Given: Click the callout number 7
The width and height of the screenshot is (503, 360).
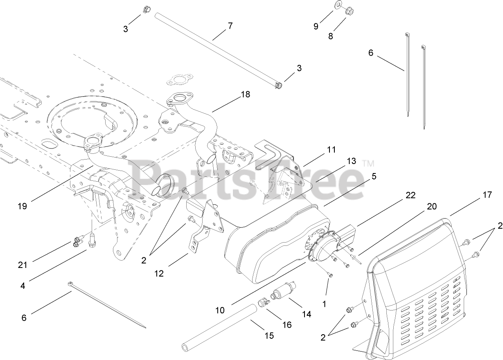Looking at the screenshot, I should pyautogui.click(x=230, y=26).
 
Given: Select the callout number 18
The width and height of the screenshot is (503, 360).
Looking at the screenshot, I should pyautogui.click(x=246, y=94).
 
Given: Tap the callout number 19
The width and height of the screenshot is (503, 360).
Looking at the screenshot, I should pyautogui.click(x=23, y=206).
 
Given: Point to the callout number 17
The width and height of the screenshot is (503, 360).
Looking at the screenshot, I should pyautogui.click(x=487, y=195).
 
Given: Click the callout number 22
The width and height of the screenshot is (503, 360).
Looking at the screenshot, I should pyautogui.click(x=411, y=195).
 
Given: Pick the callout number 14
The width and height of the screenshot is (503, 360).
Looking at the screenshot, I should pyautogui.click(x=307, y=314).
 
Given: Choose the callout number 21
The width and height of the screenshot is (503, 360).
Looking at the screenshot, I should pyautogui.click(x=23, y=265).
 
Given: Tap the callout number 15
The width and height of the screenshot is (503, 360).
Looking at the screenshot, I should pyautogui.click(x=268, y=335).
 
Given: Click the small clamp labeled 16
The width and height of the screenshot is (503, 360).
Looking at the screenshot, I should pyautogui.click(x=262, y=304).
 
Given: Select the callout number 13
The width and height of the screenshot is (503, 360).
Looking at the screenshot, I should pyautogui.click(x=351, y=161).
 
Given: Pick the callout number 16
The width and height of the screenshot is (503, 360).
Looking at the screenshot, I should pyautogui.click(x=287, y=324).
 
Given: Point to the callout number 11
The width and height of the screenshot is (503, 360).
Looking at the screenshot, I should pyautogui.click(x=332, y=150).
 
